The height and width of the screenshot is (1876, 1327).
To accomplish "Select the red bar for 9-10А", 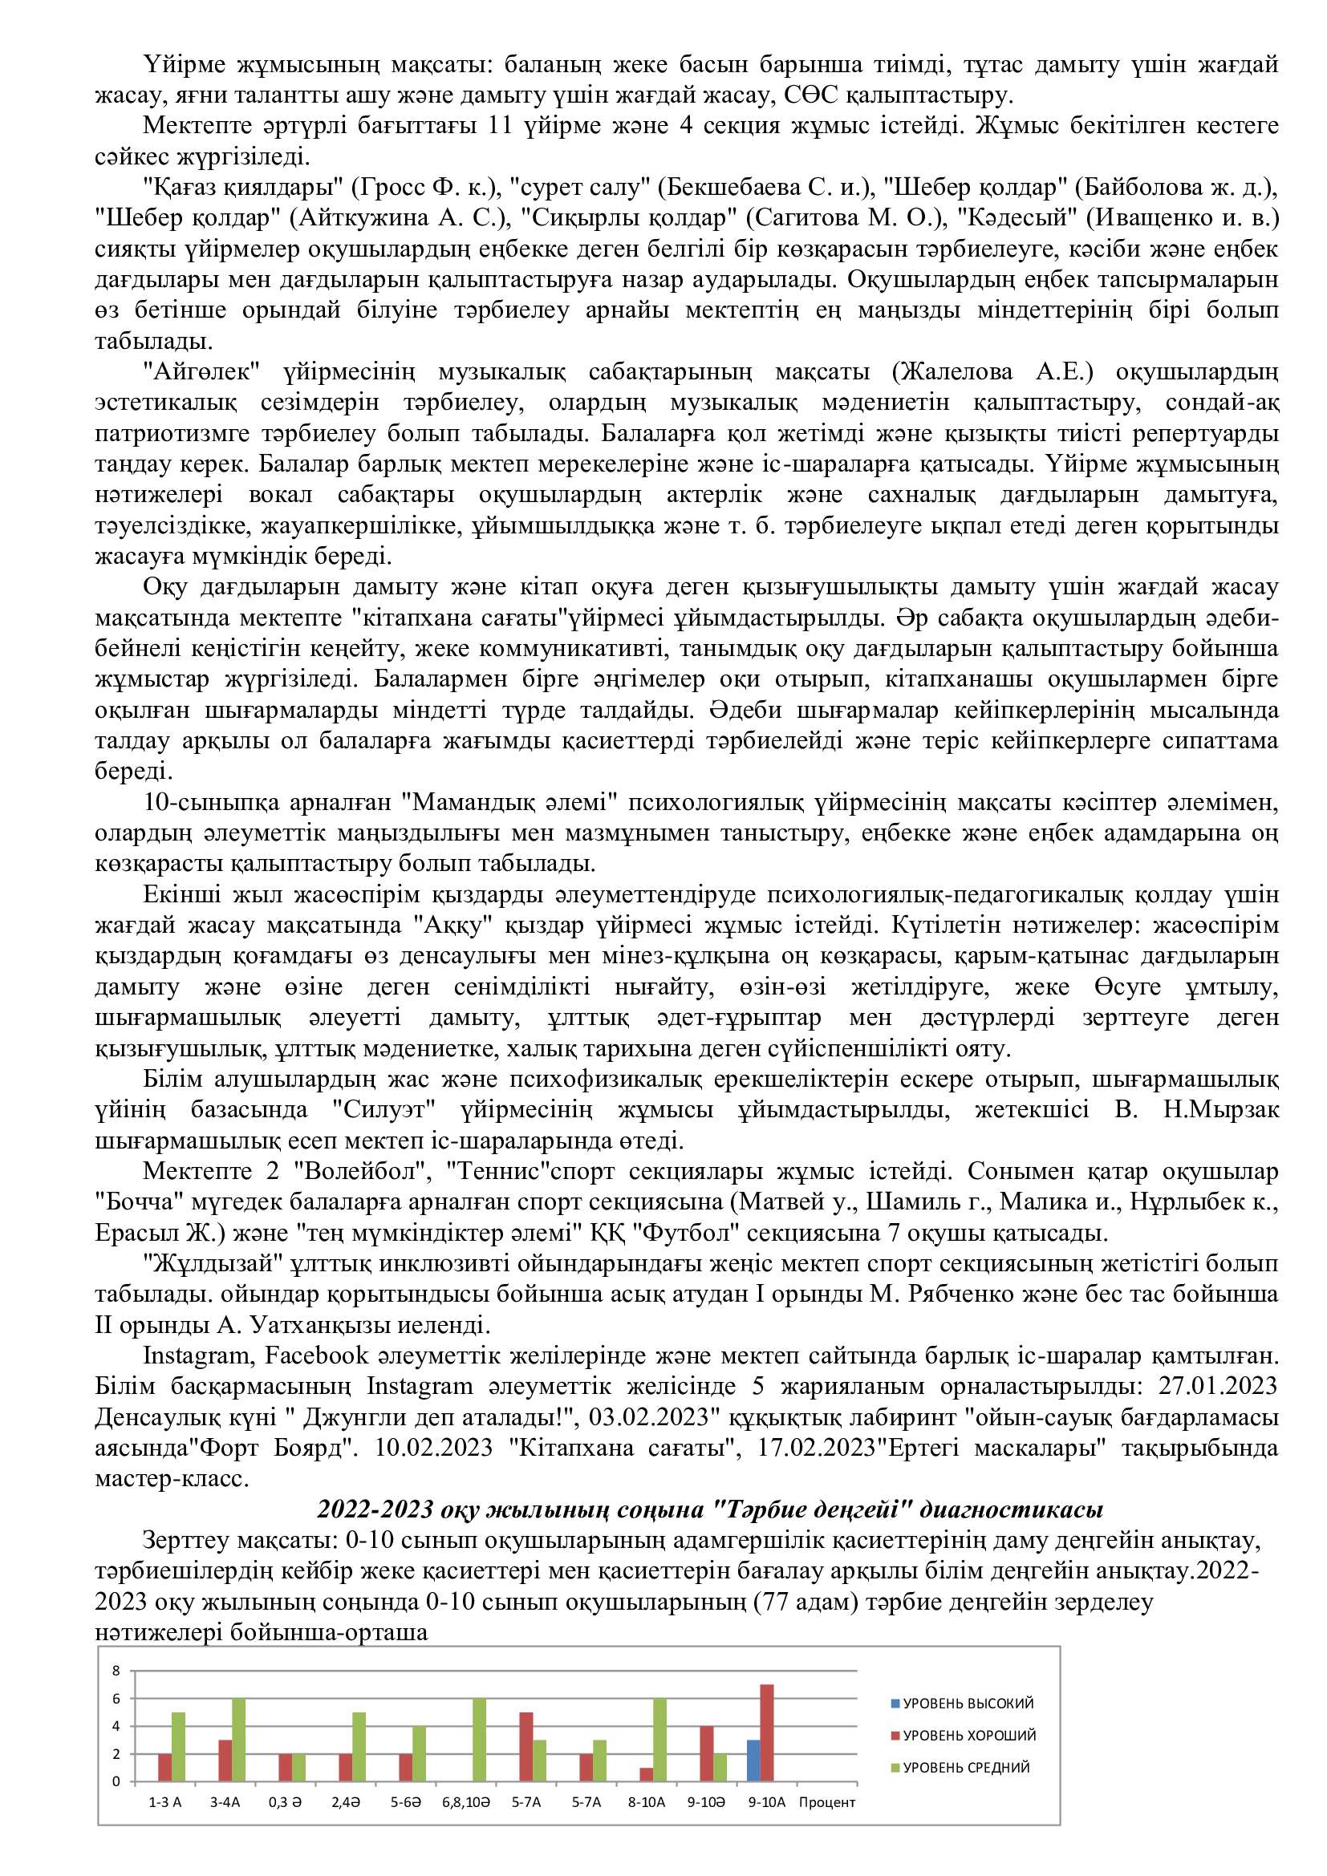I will click(766, 1733).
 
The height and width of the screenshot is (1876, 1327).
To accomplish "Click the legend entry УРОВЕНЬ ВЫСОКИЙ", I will click(961, 1704).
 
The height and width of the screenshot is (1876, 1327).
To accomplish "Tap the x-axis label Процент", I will click(827, 1802).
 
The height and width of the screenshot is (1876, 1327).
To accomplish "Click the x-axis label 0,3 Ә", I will click(285, 1802).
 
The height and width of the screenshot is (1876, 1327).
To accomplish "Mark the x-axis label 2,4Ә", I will click(346, 1802).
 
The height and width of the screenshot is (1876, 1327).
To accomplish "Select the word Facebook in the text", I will click(317, 1355).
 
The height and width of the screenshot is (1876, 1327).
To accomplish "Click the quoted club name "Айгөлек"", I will click(201, 373).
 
